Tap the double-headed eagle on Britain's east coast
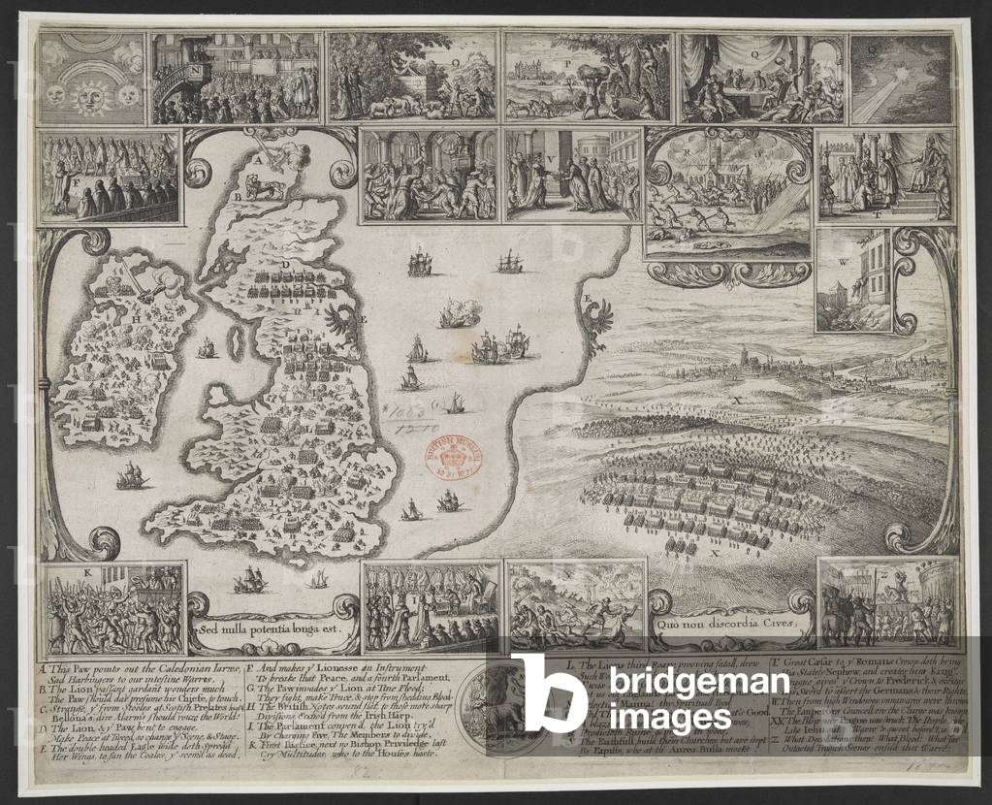[341, 317]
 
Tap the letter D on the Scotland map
[284, 263]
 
